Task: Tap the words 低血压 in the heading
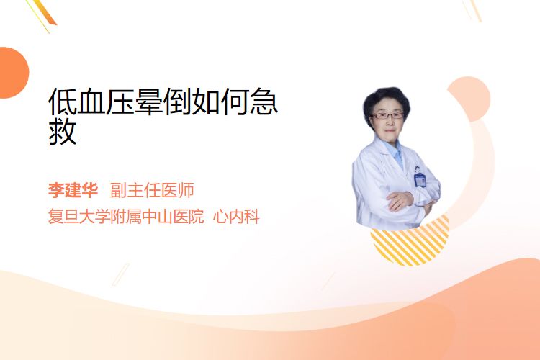pos(91,102)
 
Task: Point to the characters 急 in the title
pos(264,102)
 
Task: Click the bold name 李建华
pos(73,190)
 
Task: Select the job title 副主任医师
pos(152,190)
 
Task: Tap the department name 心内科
pos(236,217)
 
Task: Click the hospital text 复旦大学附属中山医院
pos(126,217)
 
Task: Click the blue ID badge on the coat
pos(420,180)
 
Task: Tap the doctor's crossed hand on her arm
pos(400,200)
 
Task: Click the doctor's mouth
pos(390,130)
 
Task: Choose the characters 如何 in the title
pos(220,102)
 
